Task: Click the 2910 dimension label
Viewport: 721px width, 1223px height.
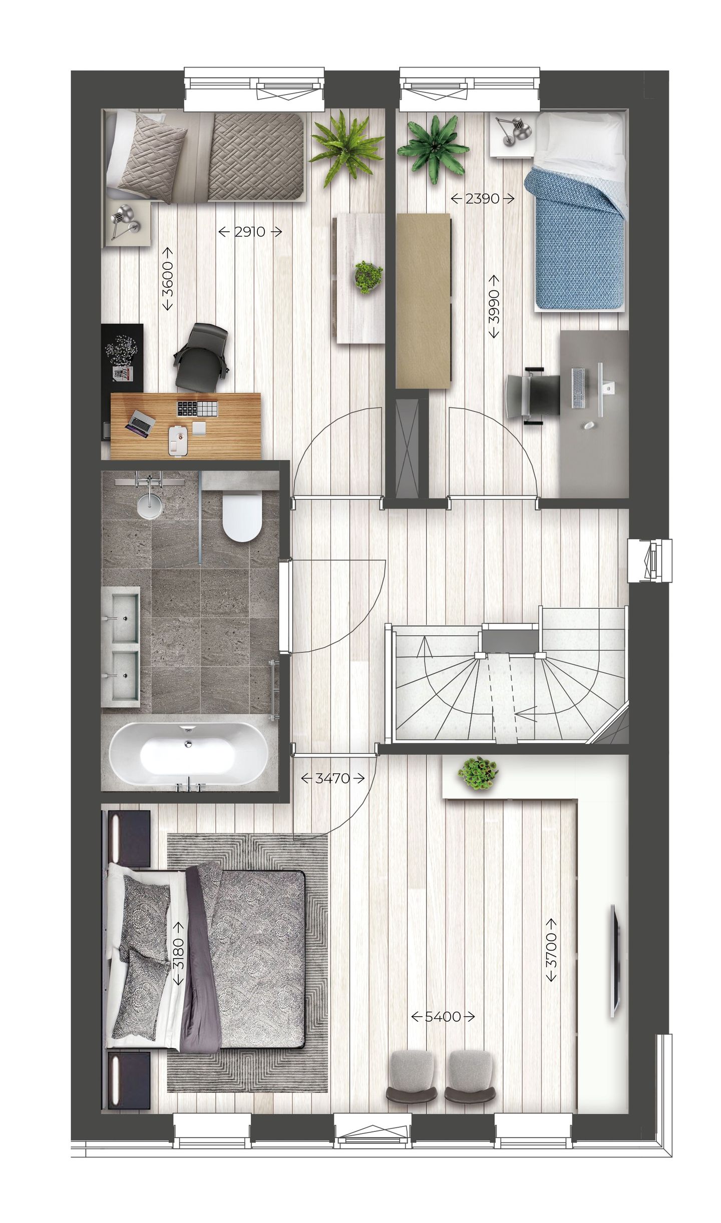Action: tap(250, 232)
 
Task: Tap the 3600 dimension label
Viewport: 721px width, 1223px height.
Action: tap(168, 279)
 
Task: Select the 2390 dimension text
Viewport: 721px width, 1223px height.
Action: tap(482, 199)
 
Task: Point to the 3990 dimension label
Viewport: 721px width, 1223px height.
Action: tap(494, 306)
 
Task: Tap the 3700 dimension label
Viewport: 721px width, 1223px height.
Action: tap(551, 950)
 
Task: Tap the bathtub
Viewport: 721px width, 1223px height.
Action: tap(186, 755)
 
